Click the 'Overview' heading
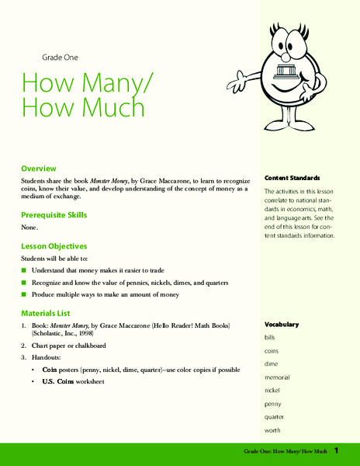tap(40, 168)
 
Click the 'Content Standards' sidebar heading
tap(292, 177)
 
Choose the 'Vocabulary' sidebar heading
tap(281, 324)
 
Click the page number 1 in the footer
tap(349, 450)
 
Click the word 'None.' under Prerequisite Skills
tap(30, 228)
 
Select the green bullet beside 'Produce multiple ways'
tap(24, 295)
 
